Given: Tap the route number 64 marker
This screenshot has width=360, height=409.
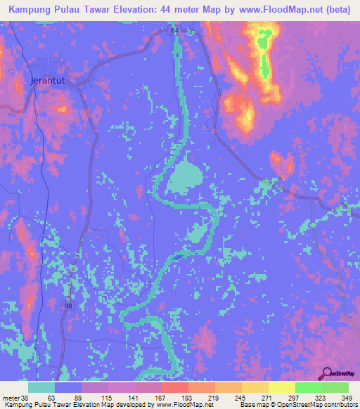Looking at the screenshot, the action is coord(174,31).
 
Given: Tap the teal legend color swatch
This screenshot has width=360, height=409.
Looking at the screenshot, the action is coord(41,387).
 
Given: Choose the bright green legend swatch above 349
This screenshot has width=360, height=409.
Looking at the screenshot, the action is coord(335,387).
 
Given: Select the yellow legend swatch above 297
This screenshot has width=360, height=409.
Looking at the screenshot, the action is coord(282,387).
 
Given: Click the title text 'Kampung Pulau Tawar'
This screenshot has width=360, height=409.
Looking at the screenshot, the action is coord(56,11).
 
